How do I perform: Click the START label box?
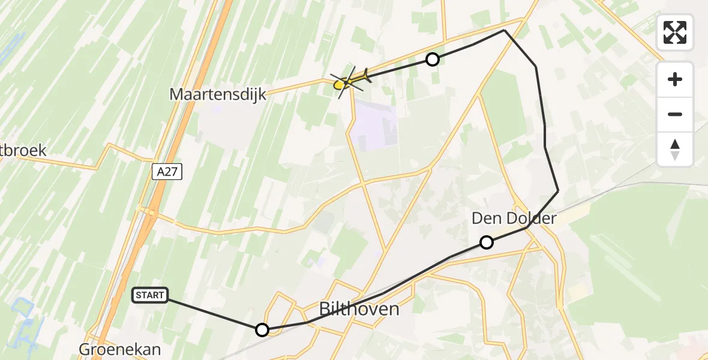150,295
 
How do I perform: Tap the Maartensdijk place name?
218,94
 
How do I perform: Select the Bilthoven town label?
359,309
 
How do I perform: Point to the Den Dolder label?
514,218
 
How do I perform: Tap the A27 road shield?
166,172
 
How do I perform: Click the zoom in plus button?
675,79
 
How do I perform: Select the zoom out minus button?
675,114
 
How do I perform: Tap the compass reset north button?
675,149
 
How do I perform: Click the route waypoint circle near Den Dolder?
487,242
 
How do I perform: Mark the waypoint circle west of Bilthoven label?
262,330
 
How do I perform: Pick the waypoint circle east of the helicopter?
433,59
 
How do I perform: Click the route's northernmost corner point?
505,30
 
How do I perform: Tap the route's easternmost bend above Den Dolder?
558,191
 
